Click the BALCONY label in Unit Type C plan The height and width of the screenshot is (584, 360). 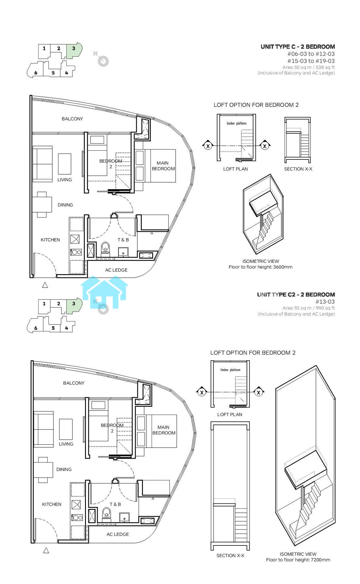tap(72, 119)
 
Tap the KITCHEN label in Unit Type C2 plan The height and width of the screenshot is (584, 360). tap(52, 504)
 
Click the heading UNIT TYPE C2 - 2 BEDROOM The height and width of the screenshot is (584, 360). tap(296, 295)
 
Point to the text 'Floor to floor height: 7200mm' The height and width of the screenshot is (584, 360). tap(298, 560)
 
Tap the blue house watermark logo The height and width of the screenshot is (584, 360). tap(104, 292)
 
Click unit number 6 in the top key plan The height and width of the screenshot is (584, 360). tap(36, 73)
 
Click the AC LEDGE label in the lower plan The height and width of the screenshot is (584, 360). tap(118, 534)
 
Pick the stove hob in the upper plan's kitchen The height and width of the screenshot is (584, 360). tap(76, 252)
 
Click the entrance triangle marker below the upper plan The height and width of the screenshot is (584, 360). tap(45, 285)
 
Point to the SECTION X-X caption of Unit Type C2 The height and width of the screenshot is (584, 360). tap(230, 556)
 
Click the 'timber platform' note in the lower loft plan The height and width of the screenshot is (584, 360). tap(231, 370)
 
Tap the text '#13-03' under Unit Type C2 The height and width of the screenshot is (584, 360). tap(325, 302)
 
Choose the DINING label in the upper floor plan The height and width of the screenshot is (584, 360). tap(65, 205)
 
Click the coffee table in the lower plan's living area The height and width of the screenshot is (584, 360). tap(66, 429)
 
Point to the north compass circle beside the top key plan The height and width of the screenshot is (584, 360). tap(103, 61)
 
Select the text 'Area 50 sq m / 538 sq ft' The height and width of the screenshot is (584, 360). tap(309, 67)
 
